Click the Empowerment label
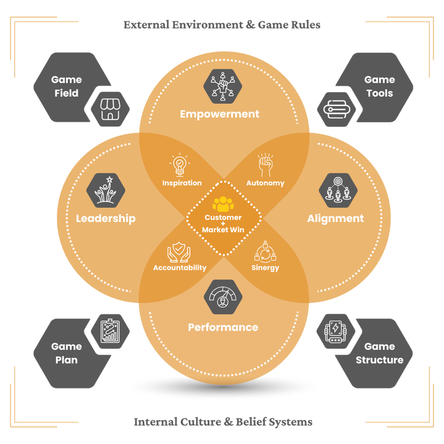[x=219, y=114]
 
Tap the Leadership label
[x=105, y=219]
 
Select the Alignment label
[x=335, y=219]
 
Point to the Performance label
[x=223, y=327]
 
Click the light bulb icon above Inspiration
[x=179, y=165]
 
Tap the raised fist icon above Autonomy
[x=265, y=165]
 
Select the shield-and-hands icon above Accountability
[x=179, y=252]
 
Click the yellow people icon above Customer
[x=223, y=203]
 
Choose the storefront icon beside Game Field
[x=110, y=109]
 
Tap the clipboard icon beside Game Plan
[x=110, y=331]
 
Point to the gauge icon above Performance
[x=223, y=297]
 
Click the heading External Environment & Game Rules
[x=222, y=25]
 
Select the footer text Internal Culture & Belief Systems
[x=223, y=422]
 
